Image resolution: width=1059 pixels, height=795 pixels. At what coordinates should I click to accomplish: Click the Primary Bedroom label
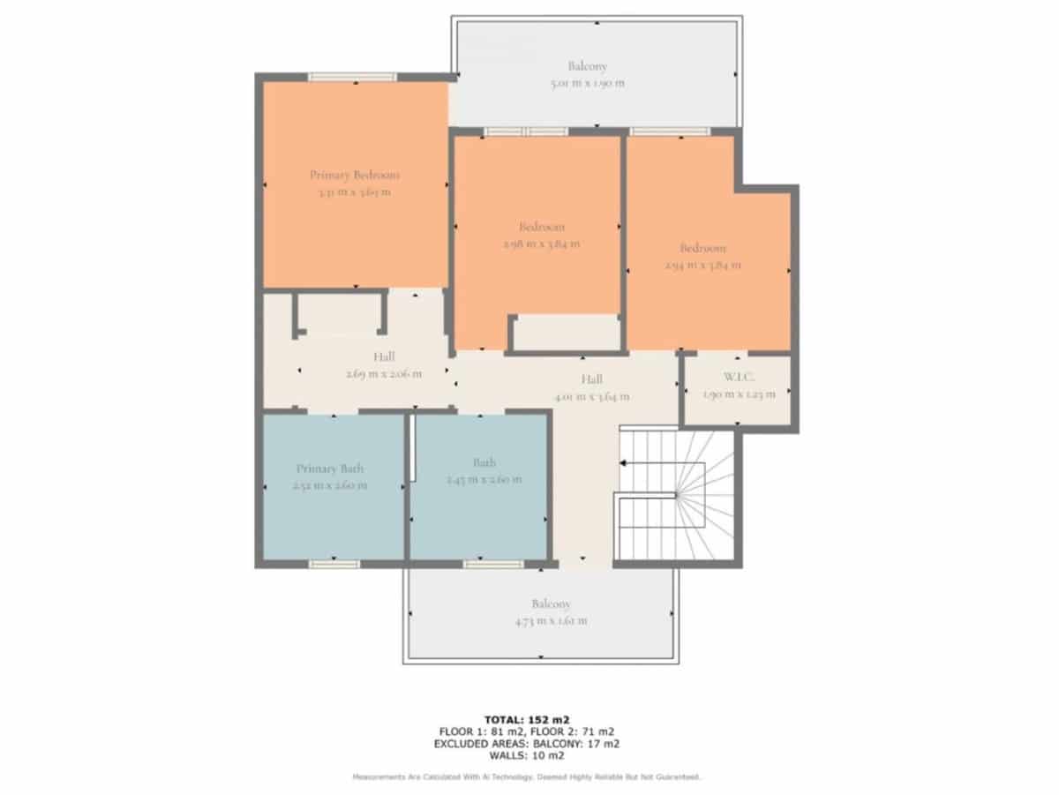tap(354, 175)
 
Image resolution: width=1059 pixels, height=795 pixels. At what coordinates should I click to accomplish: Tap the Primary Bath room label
tap(330, 469)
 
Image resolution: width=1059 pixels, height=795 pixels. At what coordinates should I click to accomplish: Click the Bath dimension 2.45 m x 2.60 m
tap(484, 479)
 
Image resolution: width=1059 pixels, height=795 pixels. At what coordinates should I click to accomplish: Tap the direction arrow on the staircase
tap(623, 462)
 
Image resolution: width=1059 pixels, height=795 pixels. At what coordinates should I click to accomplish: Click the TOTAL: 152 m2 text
tap(525, 719)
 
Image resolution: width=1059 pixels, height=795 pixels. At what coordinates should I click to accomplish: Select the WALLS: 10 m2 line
tap(525, 755)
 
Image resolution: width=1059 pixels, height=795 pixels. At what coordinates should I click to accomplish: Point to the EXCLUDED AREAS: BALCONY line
tap(525, 744)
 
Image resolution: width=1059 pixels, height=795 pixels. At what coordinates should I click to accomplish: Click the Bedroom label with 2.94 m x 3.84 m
tap(703, 248)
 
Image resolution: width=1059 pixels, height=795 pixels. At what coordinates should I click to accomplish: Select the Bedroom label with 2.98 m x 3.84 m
tap(542, 227)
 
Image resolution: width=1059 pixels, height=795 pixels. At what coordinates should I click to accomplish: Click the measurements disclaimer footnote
tap(526, 776)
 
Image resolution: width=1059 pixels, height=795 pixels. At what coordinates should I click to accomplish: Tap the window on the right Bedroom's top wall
tap(670, 131)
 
